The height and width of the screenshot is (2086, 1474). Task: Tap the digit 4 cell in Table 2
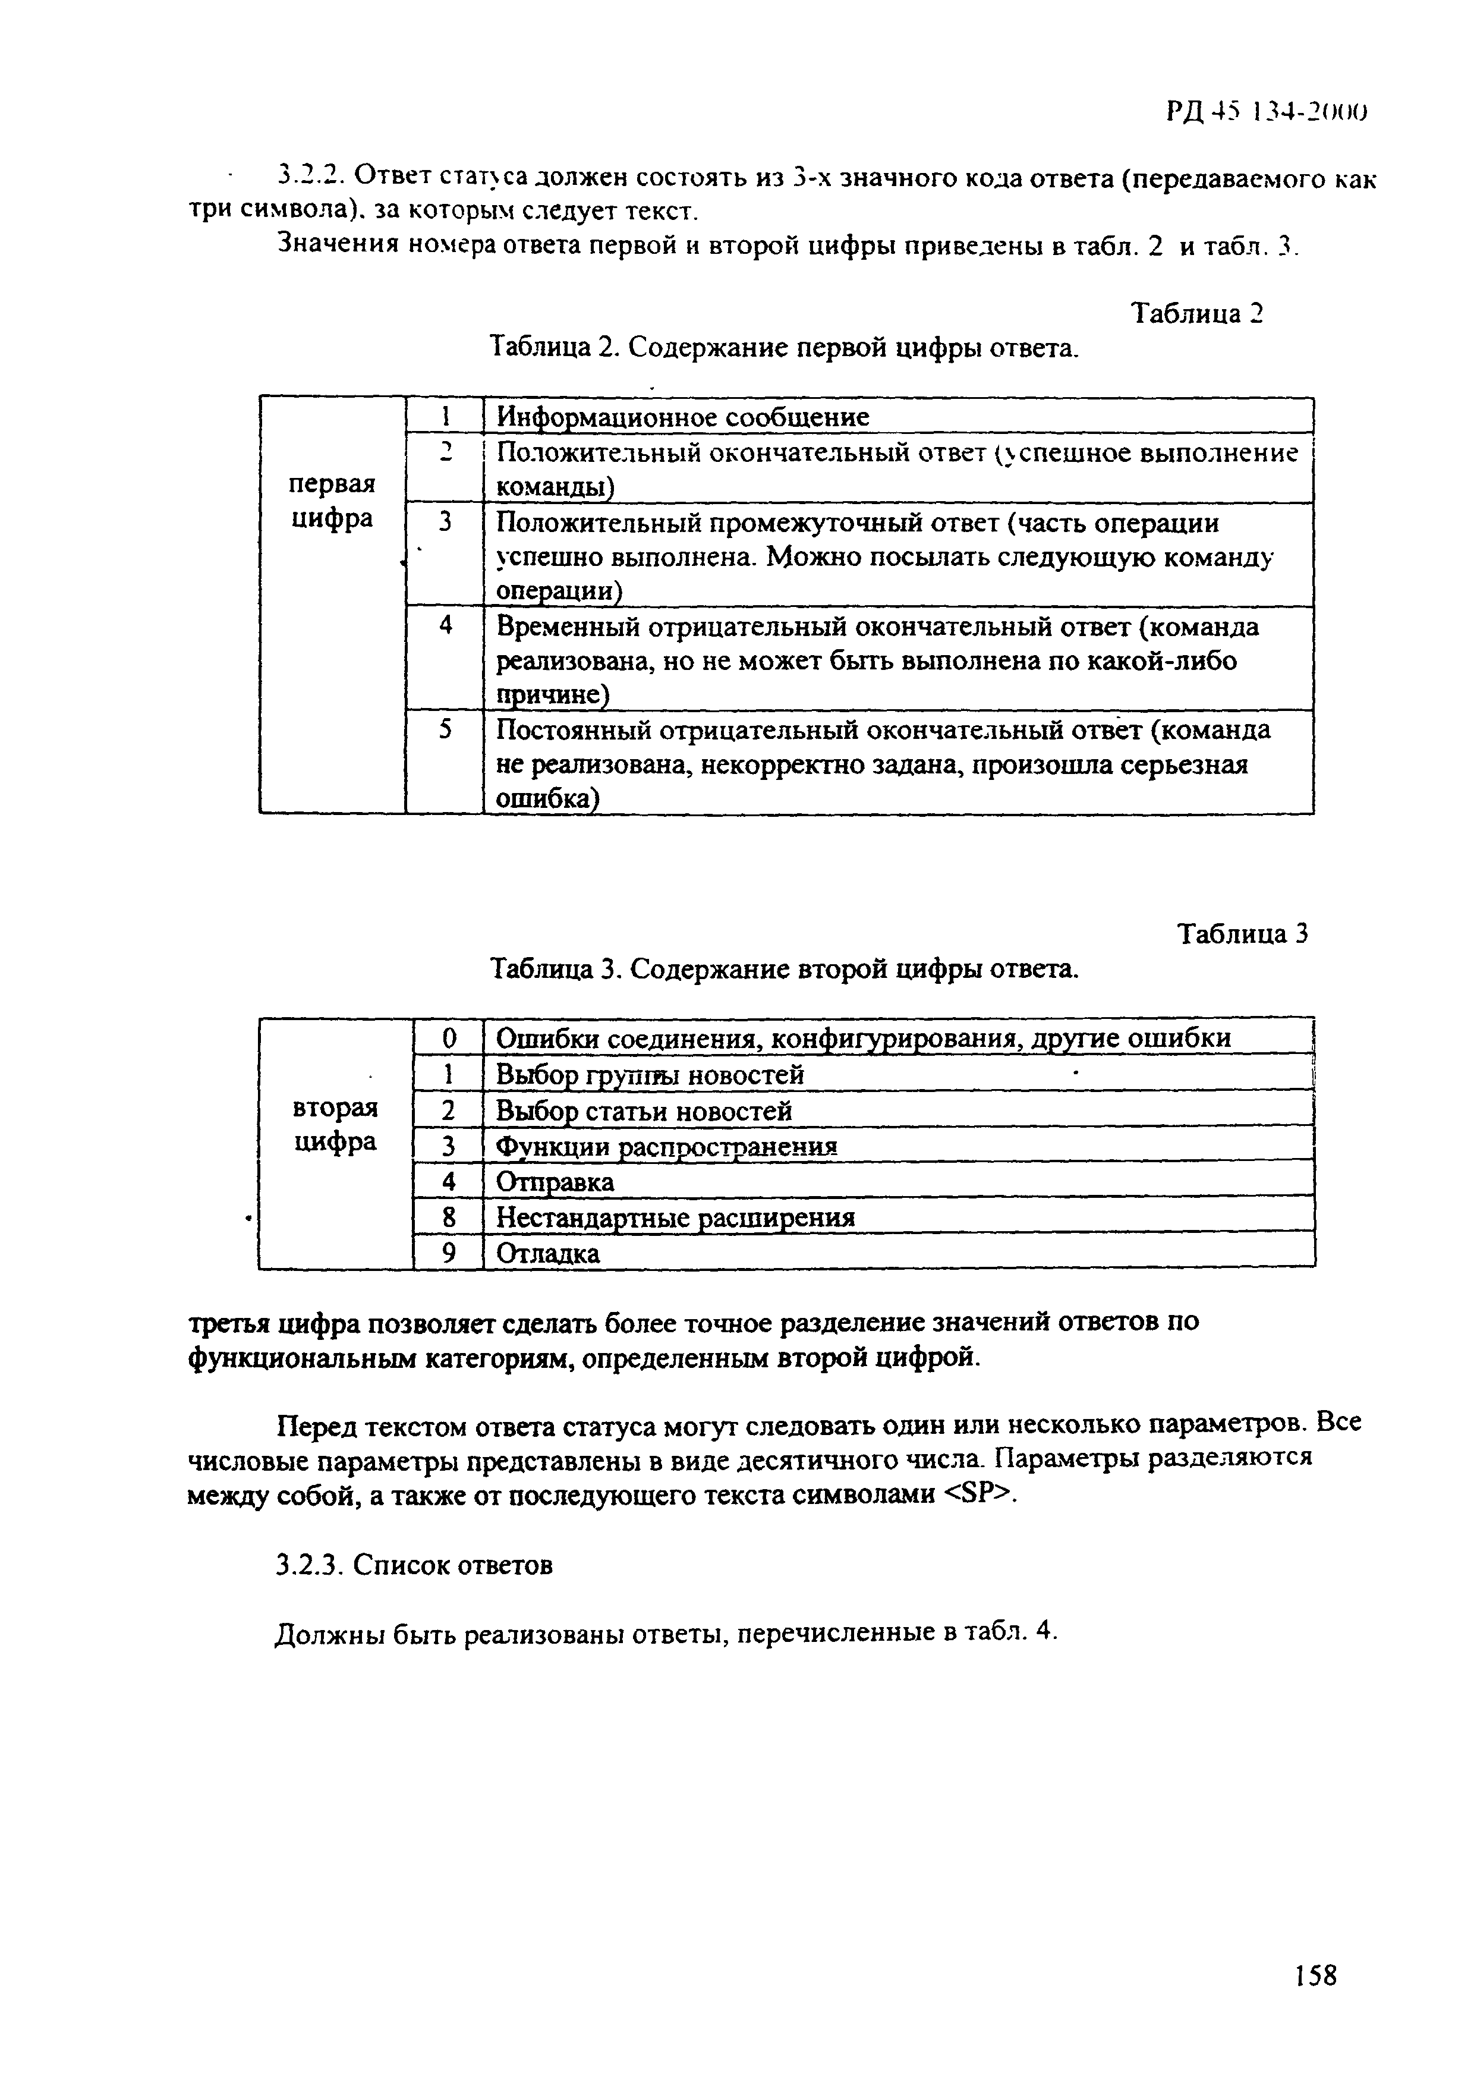coord(445,626)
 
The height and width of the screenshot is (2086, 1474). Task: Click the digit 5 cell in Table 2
coord(445,729)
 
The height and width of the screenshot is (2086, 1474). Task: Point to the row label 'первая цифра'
coord(332,502)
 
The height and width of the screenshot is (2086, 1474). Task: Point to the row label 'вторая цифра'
coord(335,1125)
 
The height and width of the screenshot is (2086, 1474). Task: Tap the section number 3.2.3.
coord(307,1565)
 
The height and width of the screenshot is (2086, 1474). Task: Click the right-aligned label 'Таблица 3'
coord(1242,935)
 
